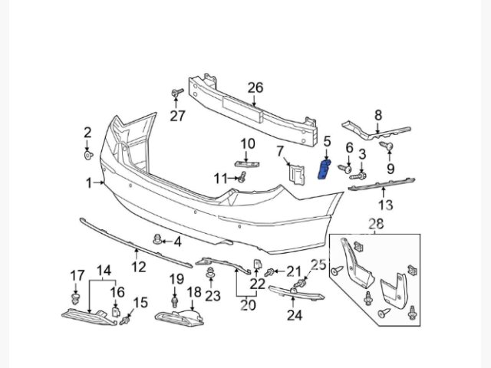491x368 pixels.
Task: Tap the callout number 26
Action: point(255,89)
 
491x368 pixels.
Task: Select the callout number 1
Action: point(90,182)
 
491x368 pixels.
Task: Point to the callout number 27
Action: point(178,117)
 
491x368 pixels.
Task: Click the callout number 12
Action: point(138,267)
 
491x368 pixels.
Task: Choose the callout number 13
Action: point(386,204)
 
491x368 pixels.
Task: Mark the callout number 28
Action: point(375,223)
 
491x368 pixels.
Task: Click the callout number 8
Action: point(377,116)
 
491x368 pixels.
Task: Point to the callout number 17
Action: point(77,275)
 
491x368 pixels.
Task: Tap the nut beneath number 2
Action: point(87,156)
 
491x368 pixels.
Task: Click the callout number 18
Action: point(194,292)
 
